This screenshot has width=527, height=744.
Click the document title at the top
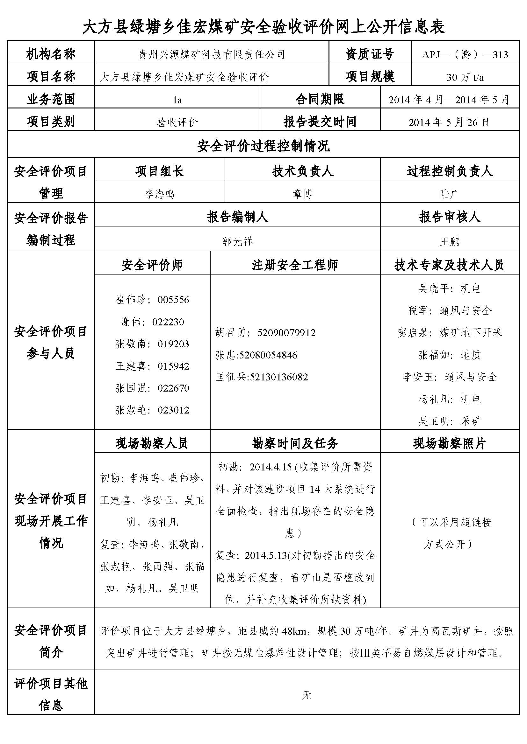[x=263, y=27]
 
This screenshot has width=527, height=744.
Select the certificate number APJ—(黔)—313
[x=465, y=55]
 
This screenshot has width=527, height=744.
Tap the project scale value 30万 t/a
[x=465, y=77]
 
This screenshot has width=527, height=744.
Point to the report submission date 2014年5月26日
[x=449, y=122]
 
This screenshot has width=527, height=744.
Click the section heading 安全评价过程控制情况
[x=263, y=146]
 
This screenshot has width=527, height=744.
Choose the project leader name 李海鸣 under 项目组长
[x=159, y=194]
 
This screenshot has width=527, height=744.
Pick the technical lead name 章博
[x=302, y=194]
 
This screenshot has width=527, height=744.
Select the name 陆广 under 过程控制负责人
[x=450, y=194]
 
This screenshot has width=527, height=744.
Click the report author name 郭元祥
[x=238, y=241]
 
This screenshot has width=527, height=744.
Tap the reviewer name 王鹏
[x=450, y=241]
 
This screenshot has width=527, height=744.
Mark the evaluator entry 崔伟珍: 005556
[x=152, y=300]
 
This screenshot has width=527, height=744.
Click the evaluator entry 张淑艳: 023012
[x=152, y=410]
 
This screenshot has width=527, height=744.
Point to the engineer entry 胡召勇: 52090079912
[x=265, y=333]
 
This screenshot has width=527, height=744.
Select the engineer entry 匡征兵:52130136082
[x=262, y=377]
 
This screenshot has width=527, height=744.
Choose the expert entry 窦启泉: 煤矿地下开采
[x=450, y=333]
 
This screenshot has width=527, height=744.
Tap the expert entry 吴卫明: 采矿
[x=450, y=421]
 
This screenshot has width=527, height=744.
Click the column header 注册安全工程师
[x=295, y=265]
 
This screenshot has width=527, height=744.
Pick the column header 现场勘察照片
[x=450, y=444]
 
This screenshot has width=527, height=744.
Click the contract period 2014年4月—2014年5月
[x=449, y=100]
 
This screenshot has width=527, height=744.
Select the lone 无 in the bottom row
[x=307, y=695]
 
